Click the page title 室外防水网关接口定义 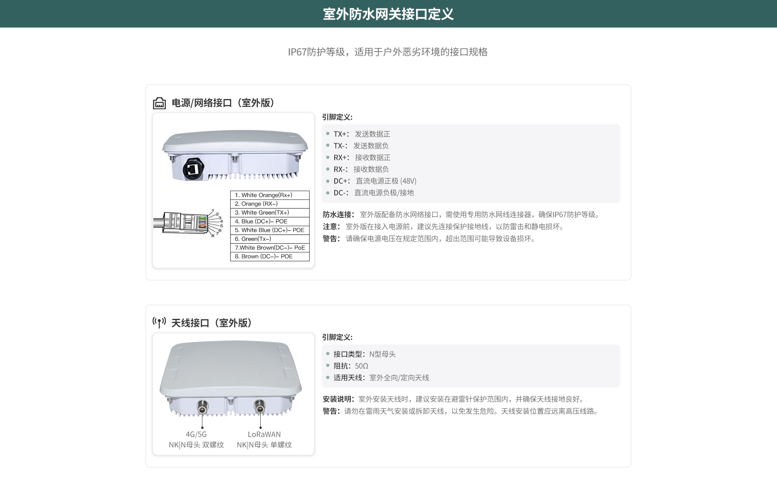388,14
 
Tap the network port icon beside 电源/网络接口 159,103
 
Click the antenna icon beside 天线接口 159,323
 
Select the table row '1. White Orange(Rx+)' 270,195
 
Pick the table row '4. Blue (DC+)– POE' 270,221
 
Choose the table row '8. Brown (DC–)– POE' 270,257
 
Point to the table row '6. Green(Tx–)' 270,239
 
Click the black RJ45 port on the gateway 193,168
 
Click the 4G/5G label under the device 196,434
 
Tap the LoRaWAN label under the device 264,434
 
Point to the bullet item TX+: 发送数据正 362,134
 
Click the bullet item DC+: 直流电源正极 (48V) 375,181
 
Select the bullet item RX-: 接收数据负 361,169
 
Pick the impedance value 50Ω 361,366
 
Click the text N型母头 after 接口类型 382,354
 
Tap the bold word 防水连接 338,214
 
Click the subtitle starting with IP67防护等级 388,52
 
